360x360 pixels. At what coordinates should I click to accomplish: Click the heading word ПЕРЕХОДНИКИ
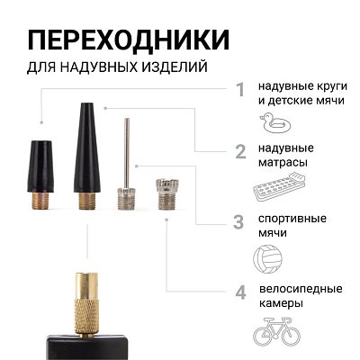(x=127, y=40)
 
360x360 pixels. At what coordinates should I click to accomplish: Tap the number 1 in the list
(x=239, y=89)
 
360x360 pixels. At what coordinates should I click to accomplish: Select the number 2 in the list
(x=239, y=150)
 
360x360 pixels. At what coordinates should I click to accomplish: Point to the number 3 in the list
(x=239, y=221)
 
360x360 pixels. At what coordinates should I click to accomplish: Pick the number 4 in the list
(x=239, y=292)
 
